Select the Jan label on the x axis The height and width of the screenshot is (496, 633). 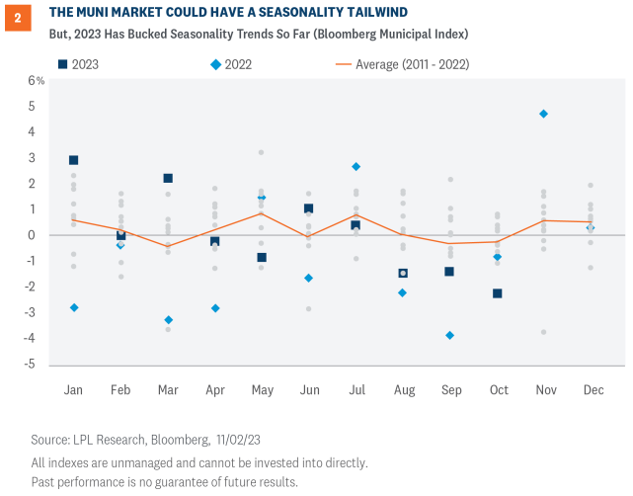click(x=73, y=390)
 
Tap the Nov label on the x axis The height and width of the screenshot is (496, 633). click(x=543, y=390)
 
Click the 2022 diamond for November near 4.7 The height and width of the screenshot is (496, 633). click(x=543, y=114)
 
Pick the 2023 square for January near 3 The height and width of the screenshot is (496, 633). click(x=73, y=159)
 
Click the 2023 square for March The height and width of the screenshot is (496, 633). click(x=168, y=178)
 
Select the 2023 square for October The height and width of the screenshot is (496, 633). click(x=497, y=293)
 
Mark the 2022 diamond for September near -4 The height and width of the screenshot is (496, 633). click(x=449, y=335)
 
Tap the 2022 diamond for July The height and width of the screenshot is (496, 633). click(x=356, y=166)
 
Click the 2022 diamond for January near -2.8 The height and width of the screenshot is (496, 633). click(x=73, y=307)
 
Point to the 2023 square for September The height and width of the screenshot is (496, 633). click(x=449, y=271)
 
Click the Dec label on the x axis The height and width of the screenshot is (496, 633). click(x=590, y=390)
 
